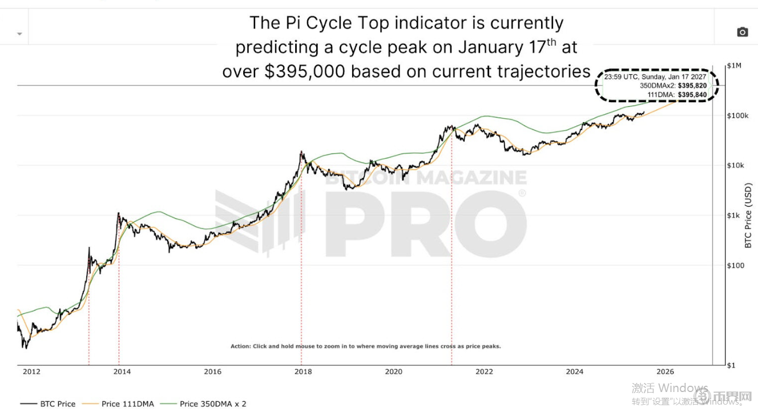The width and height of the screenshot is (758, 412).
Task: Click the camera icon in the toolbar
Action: click(x=742, y=32)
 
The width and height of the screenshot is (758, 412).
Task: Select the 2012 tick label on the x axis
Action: click(x=31, y=371)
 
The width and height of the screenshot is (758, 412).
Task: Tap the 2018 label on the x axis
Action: click(x=303, y=371)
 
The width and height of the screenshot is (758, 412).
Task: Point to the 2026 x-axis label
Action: click(x=666, y=371)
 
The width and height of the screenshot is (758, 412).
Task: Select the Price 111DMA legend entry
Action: click(x=127, y=403)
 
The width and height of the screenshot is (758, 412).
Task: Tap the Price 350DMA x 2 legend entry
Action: click(x=212, y=403)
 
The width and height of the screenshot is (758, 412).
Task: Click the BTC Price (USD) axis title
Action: click(x=749, y=216)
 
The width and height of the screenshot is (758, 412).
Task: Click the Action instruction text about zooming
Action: click(x=365, y=346)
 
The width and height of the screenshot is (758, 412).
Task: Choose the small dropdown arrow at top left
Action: click(x=20, y=34)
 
